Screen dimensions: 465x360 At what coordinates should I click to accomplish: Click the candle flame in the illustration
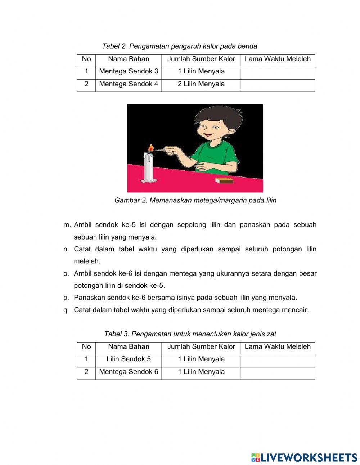point(152,148)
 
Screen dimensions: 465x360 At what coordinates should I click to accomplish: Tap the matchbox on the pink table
point(224,180)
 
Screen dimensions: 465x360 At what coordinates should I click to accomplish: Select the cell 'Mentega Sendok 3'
point(129,71)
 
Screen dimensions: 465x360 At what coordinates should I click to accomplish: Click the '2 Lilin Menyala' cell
point(201,84)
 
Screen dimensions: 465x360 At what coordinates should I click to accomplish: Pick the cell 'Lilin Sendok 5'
point(129,359)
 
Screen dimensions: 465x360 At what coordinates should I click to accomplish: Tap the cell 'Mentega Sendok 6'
point(129,372)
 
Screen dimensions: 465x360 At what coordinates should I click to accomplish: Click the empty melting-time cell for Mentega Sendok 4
point(278,85)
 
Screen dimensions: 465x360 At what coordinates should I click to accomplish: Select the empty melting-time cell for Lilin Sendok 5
point(278,361)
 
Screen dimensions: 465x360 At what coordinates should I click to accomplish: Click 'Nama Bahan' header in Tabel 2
point(129,59)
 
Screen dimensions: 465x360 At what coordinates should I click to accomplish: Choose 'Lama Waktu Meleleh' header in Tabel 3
point(278,347)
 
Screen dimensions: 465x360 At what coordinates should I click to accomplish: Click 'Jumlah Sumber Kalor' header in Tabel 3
point(201,347)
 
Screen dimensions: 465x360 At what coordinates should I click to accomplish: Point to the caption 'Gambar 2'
point(130,200)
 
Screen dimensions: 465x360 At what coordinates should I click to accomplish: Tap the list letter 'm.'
point(67,225)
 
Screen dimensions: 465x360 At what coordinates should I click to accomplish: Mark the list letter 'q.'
point(66,310)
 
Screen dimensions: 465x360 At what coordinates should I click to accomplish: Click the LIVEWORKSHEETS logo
point(304,457)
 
